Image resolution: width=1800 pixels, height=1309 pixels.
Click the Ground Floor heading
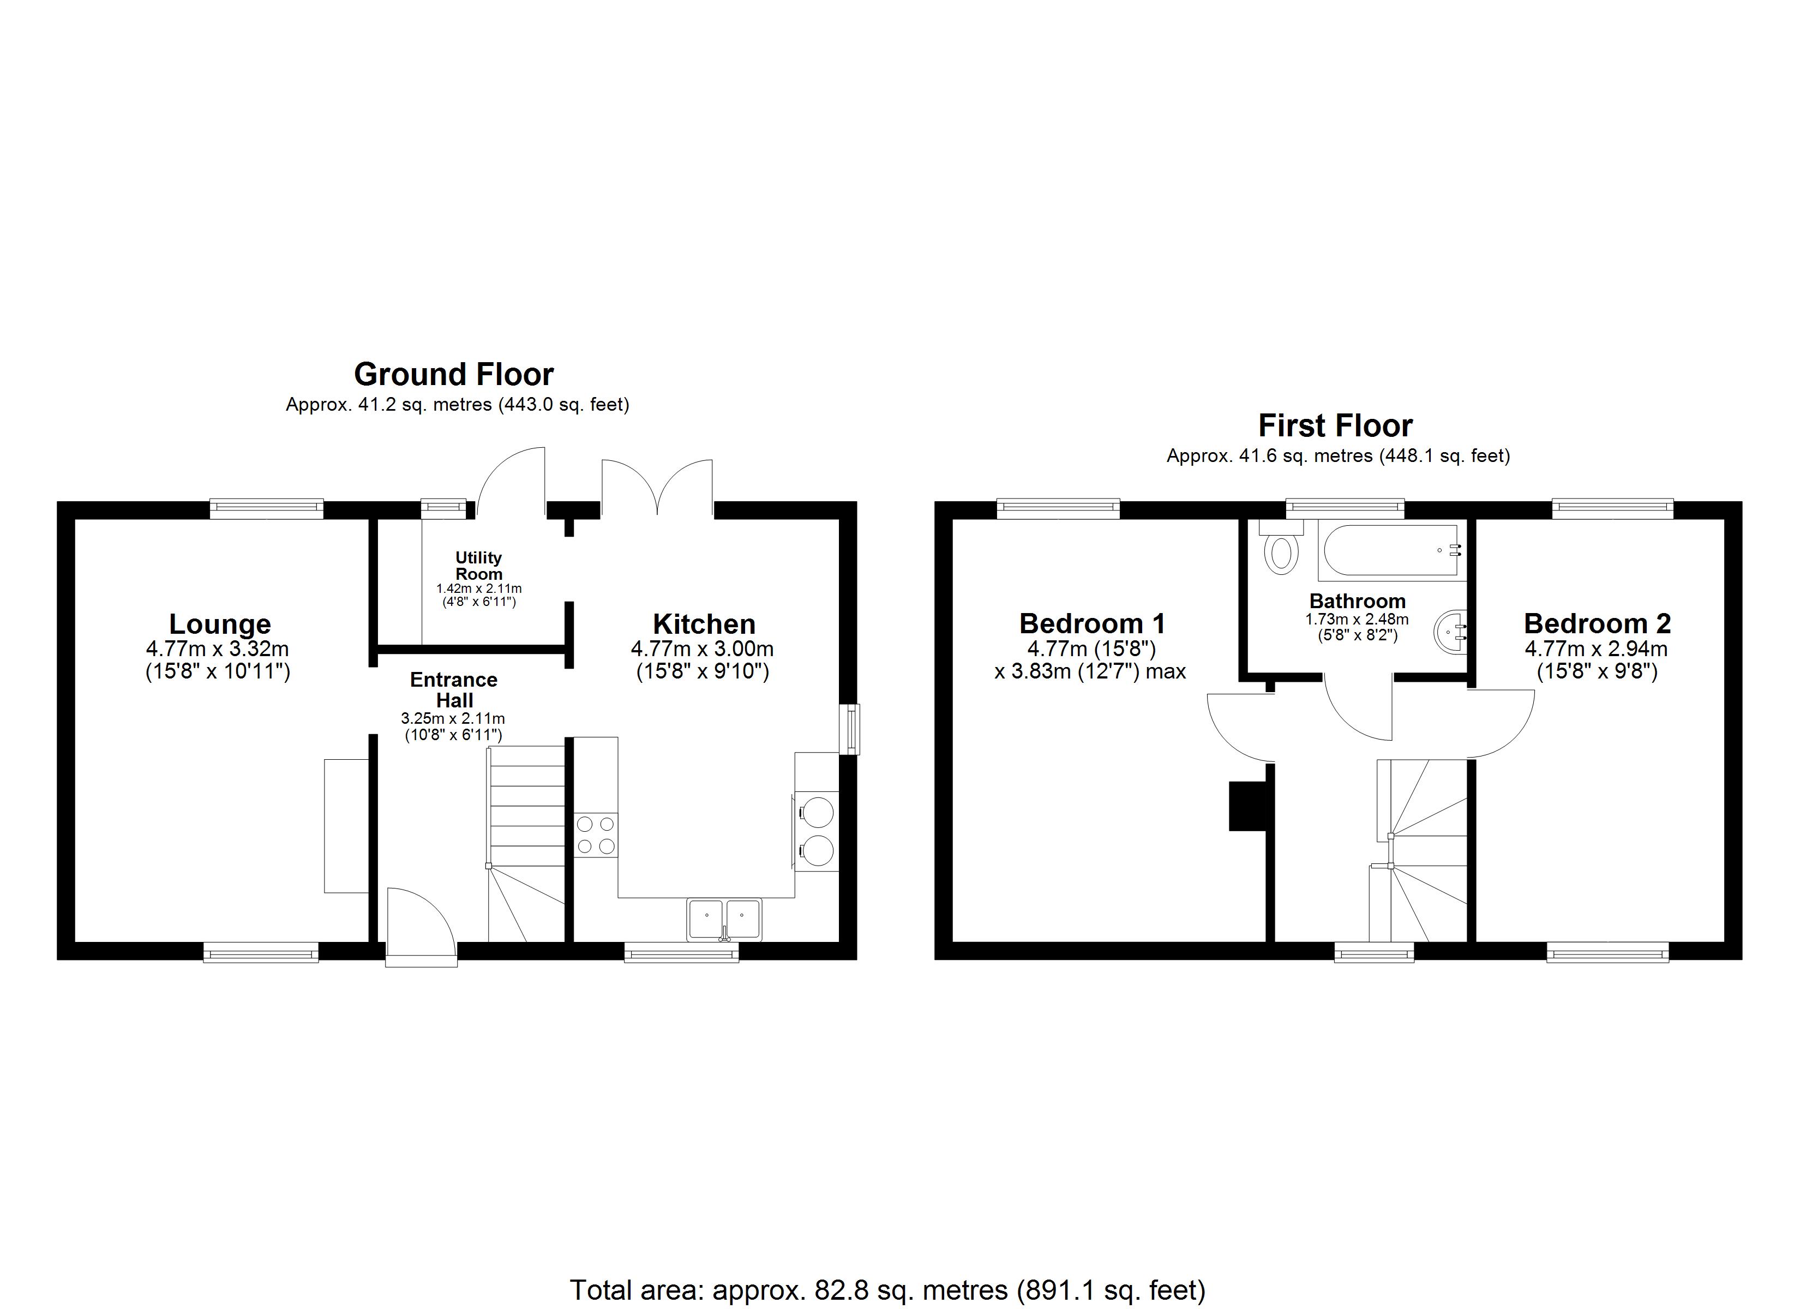453,374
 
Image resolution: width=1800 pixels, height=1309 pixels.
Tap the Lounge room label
220,624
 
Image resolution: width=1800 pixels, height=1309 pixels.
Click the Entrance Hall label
454,690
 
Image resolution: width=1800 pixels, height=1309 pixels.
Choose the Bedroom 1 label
1092,623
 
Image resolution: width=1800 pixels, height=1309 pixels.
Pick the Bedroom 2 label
1597,623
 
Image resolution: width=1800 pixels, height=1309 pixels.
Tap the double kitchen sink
724,918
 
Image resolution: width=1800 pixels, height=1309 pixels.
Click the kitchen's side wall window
849,729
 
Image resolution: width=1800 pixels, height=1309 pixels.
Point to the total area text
887,1290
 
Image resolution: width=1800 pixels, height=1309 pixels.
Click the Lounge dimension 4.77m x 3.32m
218,649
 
